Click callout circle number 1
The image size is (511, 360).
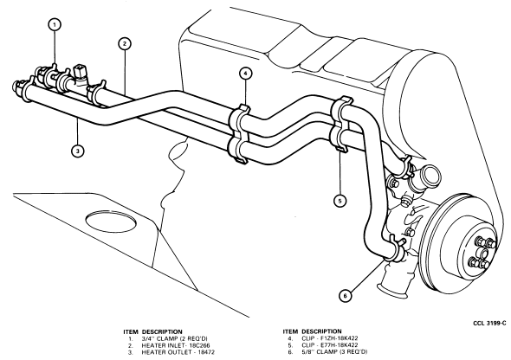click(x=55, y=25)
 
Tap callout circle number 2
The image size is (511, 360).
click(x=125, y=44)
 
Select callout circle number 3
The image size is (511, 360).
click(x=78, y=151)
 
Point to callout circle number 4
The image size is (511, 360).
click(x=245, y=74)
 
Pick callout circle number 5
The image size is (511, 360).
click(x=340, y=201)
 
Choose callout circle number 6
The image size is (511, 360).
click(x=346, y=296)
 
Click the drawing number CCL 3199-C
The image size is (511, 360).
click(x=489, y=323)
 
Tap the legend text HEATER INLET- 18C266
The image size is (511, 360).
click(x=176, y=345)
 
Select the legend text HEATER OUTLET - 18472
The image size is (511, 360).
click(x=178, y=352)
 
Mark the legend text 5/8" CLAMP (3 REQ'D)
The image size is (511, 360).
click(x=334, y=352)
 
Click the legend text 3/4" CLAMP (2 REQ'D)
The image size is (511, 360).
click(x=174, y=338)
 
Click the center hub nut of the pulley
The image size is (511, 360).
click(x=482, y=252)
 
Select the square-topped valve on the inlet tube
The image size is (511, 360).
click(x=80, y=73)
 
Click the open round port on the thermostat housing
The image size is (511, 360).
click(x=430, y=176)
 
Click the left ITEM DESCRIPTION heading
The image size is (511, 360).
click(x=152, y=331)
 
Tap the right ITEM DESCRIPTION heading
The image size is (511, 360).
click(x=312, y=331)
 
